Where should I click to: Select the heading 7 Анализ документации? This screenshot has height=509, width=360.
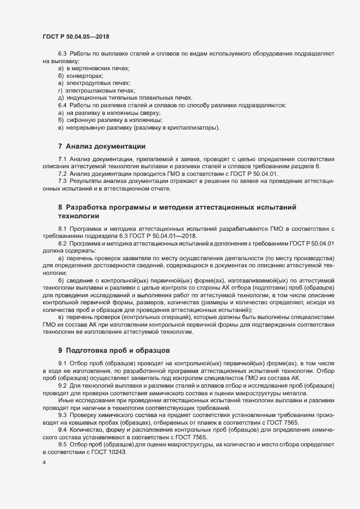pyautogui.click(x=101, y=146)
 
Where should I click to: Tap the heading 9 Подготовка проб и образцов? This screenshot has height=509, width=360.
pyautogui.click(x=115, y=348)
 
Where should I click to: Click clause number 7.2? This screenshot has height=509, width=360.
pyautogui.click(x=62, y=173)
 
